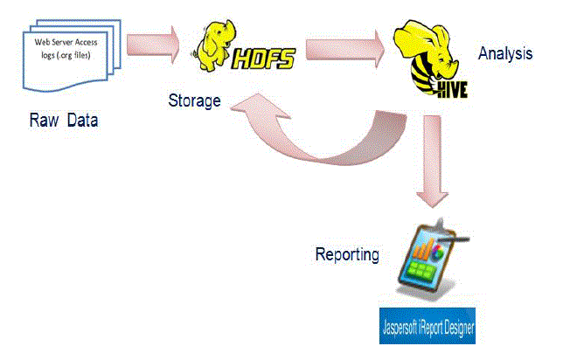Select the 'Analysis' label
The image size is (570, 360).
pyautogui.click(x=505, y=53)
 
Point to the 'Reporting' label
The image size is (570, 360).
pyautogui.click(x=347, y=255)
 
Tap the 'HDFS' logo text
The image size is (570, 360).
pyautogui.click(x=264, y=59)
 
